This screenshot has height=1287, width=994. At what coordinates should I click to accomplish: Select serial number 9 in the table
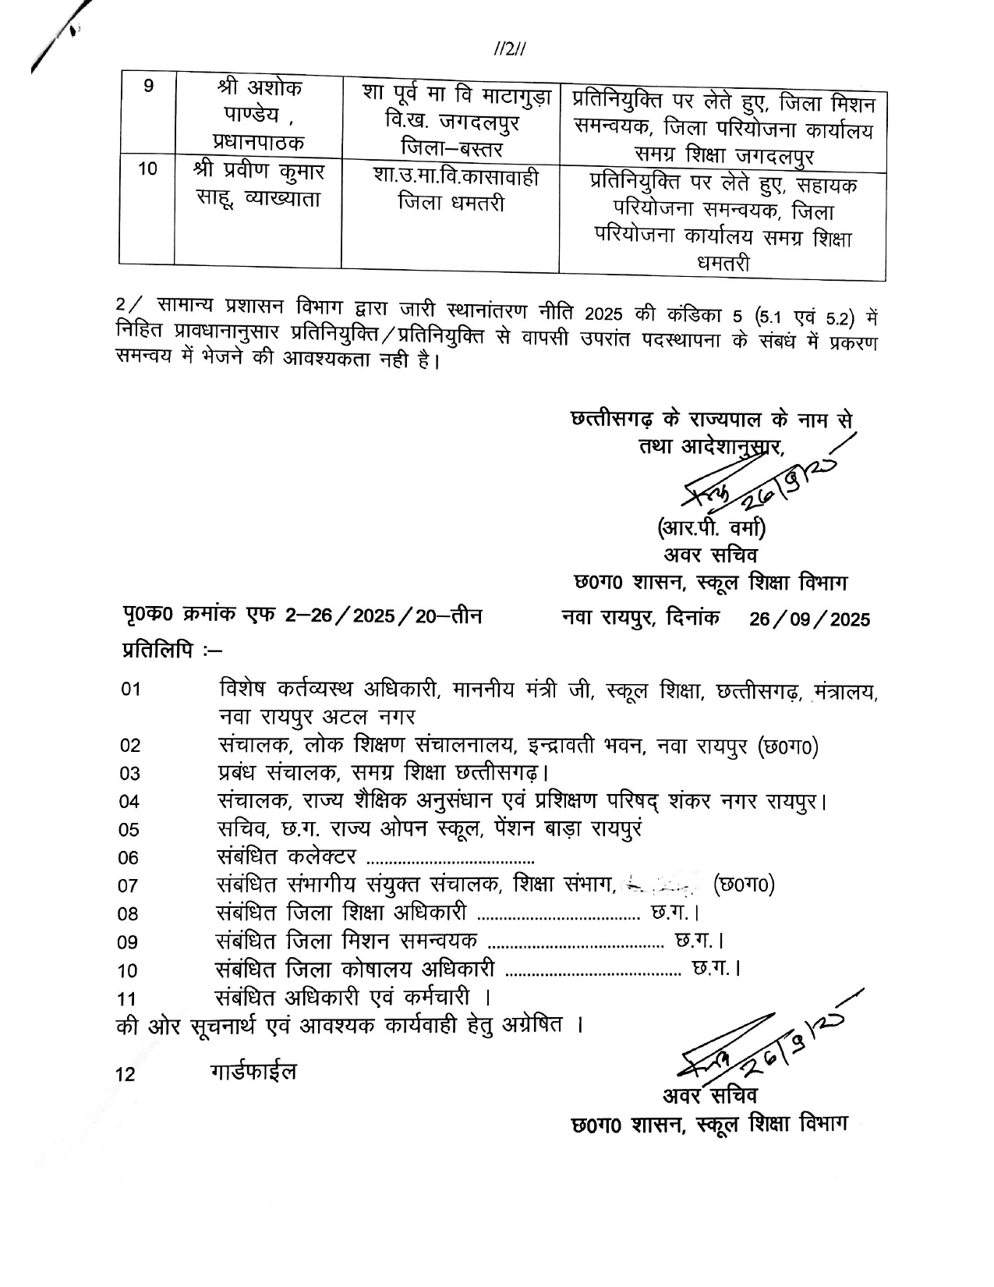tap(148, 87)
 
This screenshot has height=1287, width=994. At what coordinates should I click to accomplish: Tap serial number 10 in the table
tap(148, 169)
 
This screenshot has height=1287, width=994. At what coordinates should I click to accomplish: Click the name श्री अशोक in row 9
tap(259, 88)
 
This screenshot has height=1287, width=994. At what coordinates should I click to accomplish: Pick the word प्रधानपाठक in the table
tap(259, 143)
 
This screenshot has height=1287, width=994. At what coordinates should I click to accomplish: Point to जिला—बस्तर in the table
tap(451, 147)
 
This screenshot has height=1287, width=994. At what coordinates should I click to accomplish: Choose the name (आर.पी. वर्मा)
tap(711, 529)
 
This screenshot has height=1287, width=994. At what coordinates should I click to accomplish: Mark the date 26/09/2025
tap(809, 619)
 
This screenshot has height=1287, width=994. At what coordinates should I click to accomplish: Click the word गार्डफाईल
tap(253, 1072)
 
